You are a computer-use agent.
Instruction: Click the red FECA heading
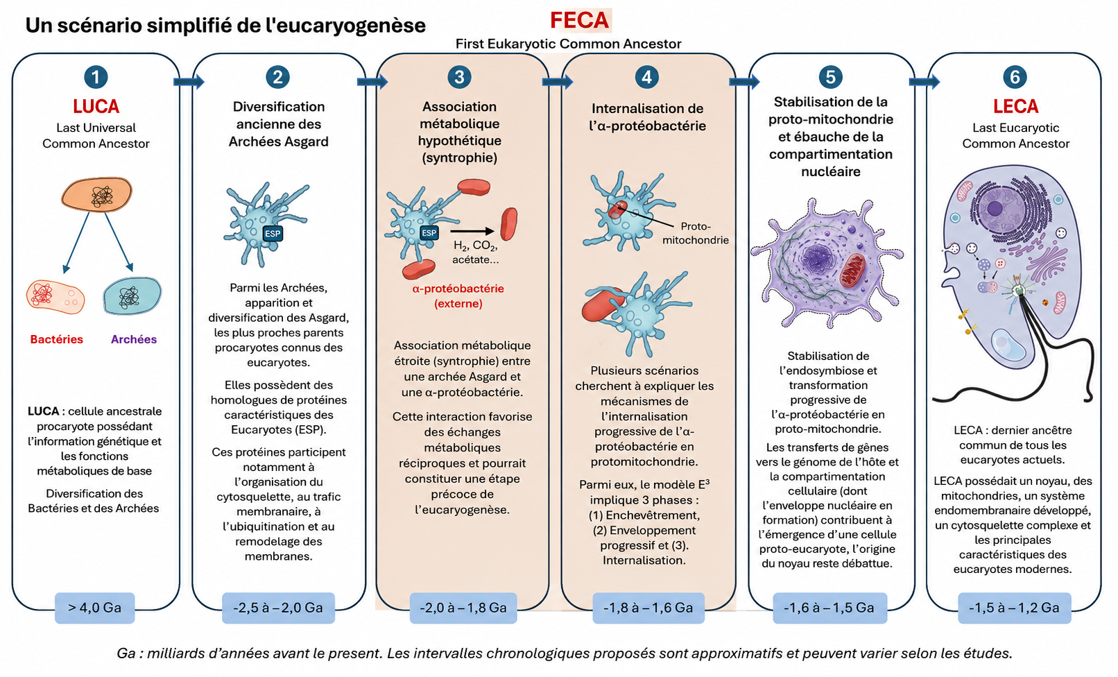[580, 21]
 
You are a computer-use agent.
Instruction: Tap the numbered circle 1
[96, 78]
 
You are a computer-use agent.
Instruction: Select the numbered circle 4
[647, 78]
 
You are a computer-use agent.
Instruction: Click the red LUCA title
[96, 106]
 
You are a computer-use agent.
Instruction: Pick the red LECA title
[1015, 106]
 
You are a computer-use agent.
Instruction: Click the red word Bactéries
[56, 339]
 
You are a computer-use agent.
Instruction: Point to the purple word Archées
[134, 339]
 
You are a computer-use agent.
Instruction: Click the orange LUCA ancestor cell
[97, 194]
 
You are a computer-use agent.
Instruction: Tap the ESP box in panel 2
[273, 234]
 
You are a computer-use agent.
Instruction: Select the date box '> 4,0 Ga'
[95, 608]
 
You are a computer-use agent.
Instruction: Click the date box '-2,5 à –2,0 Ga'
[278, 608]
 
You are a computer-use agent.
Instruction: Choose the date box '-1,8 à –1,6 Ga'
[648, 608]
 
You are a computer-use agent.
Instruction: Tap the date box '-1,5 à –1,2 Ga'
[1014, 608]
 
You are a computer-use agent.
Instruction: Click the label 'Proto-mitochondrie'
[695, 233]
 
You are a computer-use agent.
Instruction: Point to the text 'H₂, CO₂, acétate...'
[475, 252]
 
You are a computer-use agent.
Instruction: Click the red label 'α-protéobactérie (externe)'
[458, 296]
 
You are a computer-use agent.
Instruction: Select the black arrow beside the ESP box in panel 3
[472, 231]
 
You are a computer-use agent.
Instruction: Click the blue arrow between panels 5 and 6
[924, 81]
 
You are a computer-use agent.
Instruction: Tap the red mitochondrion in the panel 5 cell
[852, 271]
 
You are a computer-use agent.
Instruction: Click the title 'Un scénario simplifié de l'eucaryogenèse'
[225, 26]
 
